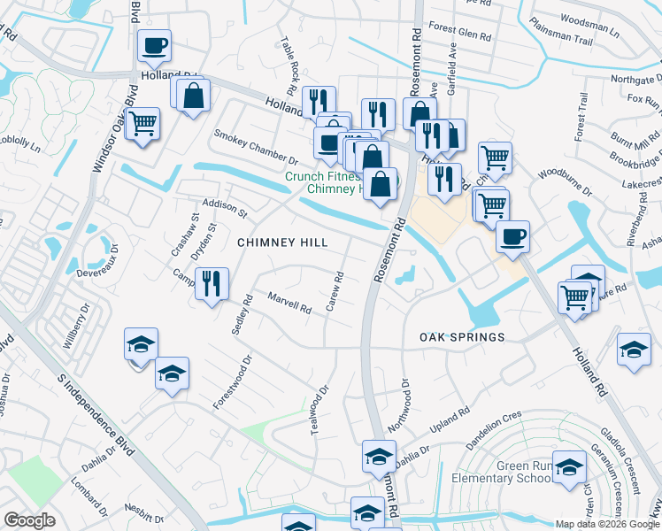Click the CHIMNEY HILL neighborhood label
pos(283,242)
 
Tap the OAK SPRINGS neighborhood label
pos(462,337)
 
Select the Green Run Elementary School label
pos(511,472)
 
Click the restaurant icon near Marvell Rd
pos(212,284)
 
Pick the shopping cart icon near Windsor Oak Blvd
pos(142,124)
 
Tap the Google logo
pos(30,520)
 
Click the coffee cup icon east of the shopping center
pos(512,237)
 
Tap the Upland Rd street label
pos(450,416)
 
